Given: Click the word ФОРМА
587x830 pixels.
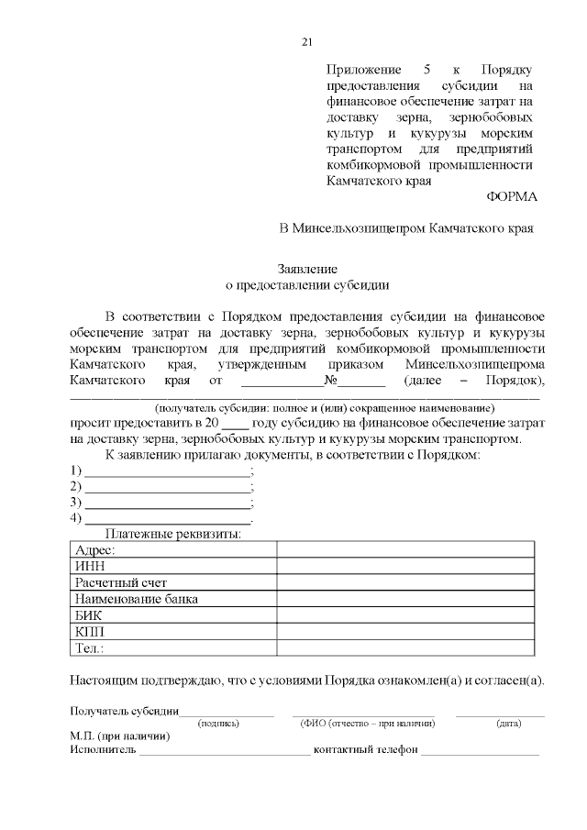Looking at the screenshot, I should (509, 196).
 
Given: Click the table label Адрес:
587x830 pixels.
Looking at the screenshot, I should (94, 549).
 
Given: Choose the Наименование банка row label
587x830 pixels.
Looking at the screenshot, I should (137, 599).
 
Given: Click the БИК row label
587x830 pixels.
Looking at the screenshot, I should (88, 615).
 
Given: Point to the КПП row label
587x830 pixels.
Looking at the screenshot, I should (89, 632).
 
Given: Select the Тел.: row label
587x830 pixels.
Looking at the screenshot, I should (89, 648).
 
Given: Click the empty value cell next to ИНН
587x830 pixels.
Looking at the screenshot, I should (405, 566).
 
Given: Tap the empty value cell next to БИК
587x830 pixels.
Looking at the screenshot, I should (405, 615).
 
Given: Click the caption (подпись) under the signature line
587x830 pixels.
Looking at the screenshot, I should (218, 724).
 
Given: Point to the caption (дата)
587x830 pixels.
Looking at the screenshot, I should (509, 724).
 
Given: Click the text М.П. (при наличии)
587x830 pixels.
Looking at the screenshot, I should (118, 736).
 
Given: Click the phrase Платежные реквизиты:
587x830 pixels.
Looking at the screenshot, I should (173, 534).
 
